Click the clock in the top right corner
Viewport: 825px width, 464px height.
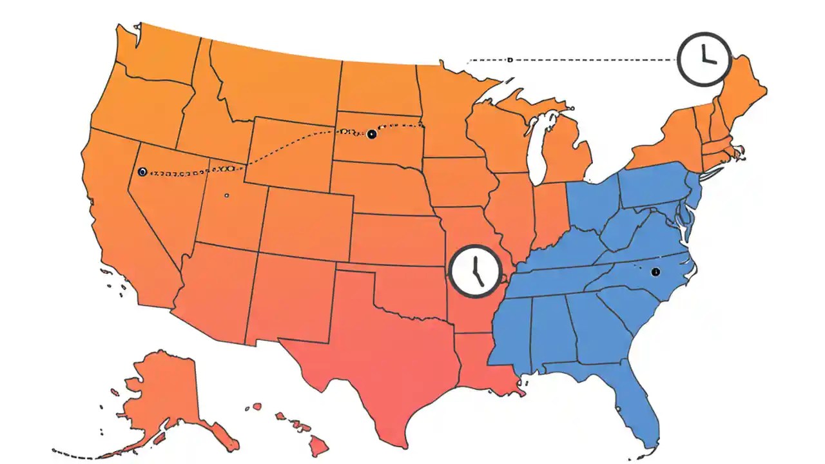tap(704, 59)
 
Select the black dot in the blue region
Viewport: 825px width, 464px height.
tap(655, 272)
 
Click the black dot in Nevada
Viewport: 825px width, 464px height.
tap(142, 171)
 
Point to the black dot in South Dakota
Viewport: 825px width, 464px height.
tap(371, 134)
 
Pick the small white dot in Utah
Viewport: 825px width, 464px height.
tap(226, 195)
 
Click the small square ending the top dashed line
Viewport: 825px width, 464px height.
tap(509, 60)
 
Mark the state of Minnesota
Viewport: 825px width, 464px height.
tap(445, 110)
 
